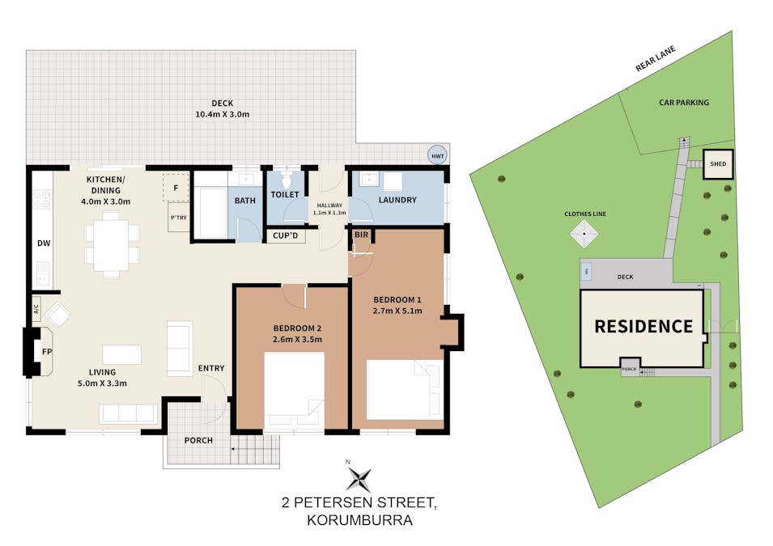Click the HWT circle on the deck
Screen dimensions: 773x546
click(x=437, y=156)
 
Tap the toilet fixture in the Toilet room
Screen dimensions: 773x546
click(x=286, y=179)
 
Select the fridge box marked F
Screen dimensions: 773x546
click(x=176, y=187)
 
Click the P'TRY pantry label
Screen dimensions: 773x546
click(x=178, y=218)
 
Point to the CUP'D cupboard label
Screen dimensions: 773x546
click(x=286, y=235)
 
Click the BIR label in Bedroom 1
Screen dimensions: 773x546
click(x=361, y=235)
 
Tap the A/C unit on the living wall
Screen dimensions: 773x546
click(x=36, y=309)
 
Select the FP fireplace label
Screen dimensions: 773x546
click(x=47, y=351)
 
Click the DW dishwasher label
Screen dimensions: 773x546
click(x=44, y=243)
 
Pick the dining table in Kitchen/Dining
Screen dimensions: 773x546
click(x=112, y=245)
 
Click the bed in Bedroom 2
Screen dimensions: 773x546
click(x=295, y=390)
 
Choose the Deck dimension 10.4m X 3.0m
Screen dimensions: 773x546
click(x=223, y=114)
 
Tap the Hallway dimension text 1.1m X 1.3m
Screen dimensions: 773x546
click(x=329, y=213)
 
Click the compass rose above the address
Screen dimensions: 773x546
click(x=359, y=479)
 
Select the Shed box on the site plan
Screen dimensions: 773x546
click(x=718, y=163)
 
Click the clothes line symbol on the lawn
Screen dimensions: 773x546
click(x=584, y=234)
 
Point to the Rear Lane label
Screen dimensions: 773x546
click(x=655, y=58)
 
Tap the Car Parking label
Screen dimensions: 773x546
click(x=684, y=103)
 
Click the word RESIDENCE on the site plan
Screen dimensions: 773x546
click(x=643, y=326)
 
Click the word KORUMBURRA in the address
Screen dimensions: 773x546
click(x=360, y=520)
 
